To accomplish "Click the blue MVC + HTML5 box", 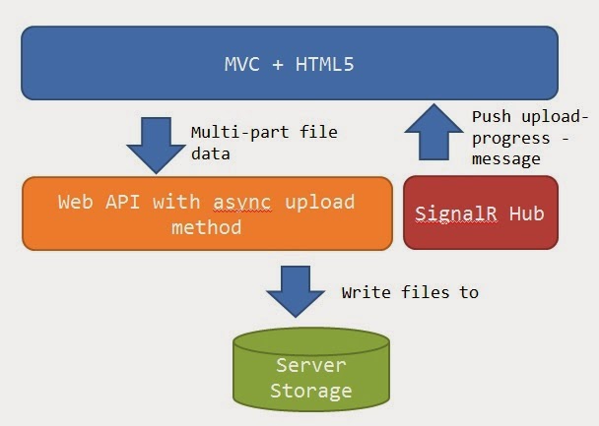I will (x=290, y=63).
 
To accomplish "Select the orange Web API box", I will (x=206, y=213).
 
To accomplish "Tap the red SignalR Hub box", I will (x=480, y=213).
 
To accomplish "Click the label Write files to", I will (x=409, y=292).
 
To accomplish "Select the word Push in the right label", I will (x=492, y=116).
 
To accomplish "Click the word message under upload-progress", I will (x=505, y=158).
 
